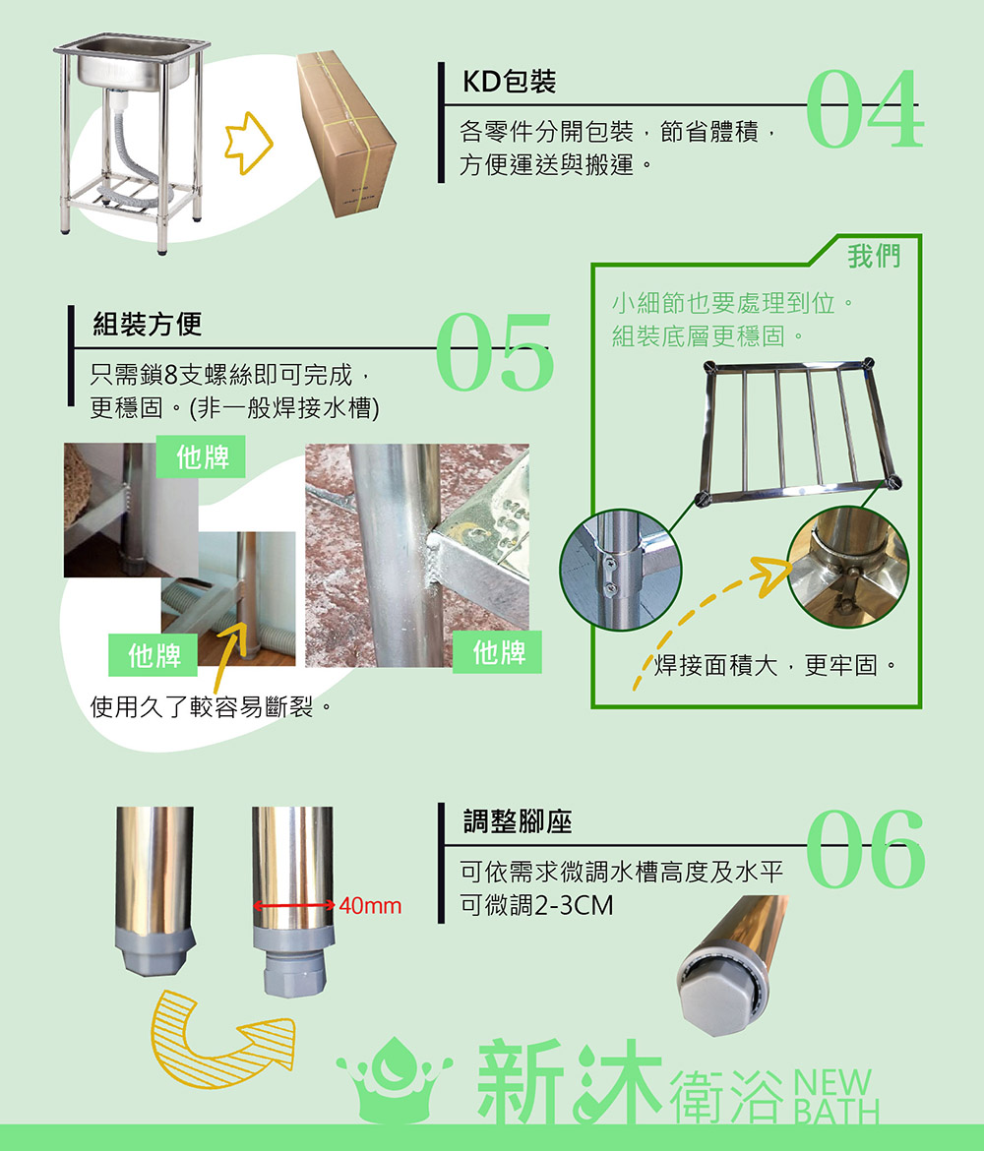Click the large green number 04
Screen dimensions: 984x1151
[x=864, y=109]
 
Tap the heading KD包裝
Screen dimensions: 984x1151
[x=509, y=82]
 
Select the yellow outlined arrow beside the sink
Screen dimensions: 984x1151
[x=248, y=144]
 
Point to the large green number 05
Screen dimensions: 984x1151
[x=494, y=351]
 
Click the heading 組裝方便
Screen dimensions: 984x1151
[x=147, y=324]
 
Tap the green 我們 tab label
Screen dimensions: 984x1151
[x=873, y=256]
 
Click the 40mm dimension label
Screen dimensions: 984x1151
[x=370, y=906]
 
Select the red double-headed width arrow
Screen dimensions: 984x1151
[x=294, y=906]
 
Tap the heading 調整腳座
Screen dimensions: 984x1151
[x=517, y=821]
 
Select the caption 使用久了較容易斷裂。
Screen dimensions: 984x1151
[x=212, y=707]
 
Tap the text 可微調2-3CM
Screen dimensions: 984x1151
[x=536, y=905]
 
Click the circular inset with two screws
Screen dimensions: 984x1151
[x=621, y=571]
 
